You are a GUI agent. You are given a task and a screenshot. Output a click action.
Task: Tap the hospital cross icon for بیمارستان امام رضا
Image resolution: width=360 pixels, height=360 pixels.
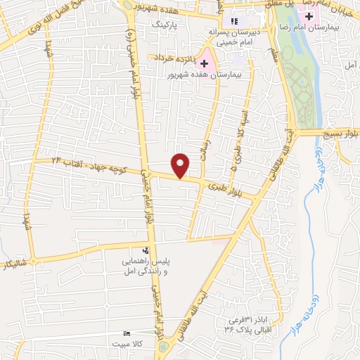(309, 17)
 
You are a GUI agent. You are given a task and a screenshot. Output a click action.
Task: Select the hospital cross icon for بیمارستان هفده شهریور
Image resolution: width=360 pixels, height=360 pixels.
(205, 63)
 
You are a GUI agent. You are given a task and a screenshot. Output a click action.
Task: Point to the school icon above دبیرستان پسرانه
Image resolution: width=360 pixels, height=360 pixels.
(234, 22)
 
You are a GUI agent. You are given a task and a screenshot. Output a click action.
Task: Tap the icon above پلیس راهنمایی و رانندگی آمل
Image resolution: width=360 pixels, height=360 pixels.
(146, 250)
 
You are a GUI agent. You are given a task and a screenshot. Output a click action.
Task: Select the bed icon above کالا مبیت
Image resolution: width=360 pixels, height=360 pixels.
(127, 333)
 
